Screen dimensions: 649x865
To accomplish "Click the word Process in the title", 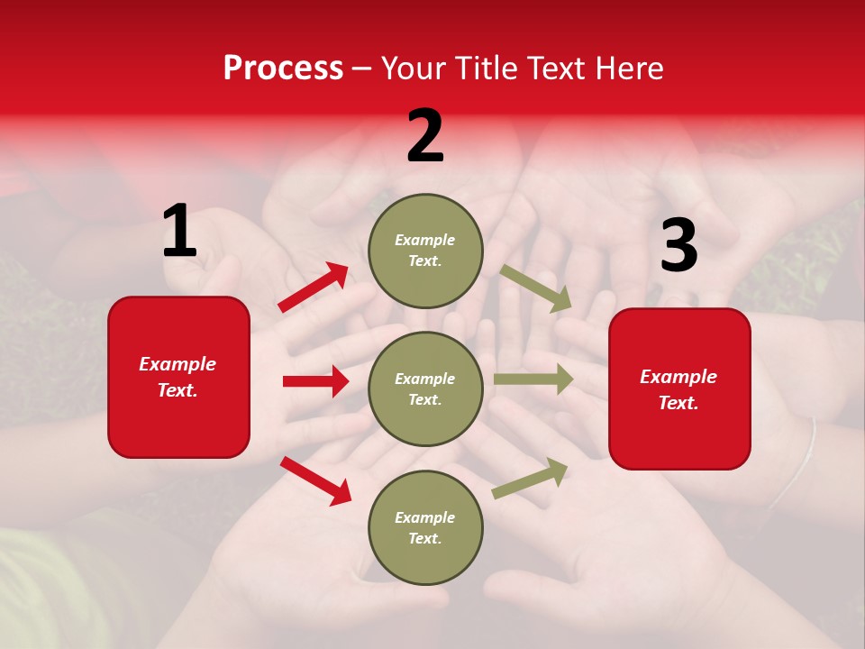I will click(283, 69).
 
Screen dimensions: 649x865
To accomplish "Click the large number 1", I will click(179, 233).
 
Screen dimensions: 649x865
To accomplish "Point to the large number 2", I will click(425, 136).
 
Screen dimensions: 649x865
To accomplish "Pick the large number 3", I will click(678, 246).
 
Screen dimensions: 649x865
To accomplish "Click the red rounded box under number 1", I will click(178, 377).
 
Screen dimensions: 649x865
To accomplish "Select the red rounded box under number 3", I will click(679, 389).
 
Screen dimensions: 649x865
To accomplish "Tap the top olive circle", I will click(425, 251).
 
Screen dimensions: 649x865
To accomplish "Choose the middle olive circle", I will click(425, 389).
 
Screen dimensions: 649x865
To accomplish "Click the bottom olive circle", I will click(425, 528).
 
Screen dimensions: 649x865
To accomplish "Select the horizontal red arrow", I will click(315, 381).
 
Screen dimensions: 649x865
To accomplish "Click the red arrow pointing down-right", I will click(315, 480).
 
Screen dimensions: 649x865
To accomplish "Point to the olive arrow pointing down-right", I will click(536, 288).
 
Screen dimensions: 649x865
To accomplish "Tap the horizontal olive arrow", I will click(533, 379).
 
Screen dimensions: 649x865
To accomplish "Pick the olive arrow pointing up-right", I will click(531, 478).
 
